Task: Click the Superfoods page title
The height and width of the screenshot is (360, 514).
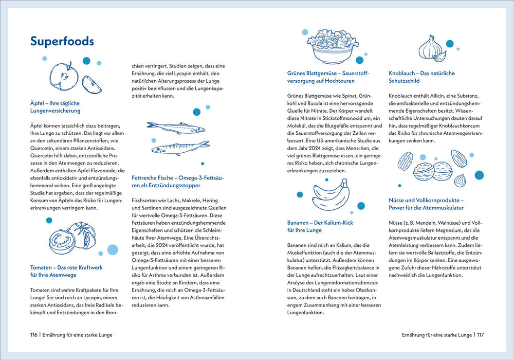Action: click(x=62, y=41)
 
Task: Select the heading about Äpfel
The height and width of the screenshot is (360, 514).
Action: click(x=55, y=106)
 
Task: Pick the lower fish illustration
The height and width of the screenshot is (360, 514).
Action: click(x=180, y=148)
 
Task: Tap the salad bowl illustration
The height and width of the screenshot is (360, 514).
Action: click(x=329, y=45)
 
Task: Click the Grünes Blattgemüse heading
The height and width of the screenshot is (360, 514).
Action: click(x=328, y=77)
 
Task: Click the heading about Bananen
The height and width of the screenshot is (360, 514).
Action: click(x=320, y=226)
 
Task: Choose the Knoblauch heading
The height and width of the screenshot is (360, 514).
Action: click(x=421, y=77)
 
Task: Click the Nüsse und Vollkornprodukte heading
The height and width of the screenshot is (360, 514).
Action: click(x=426, y=204)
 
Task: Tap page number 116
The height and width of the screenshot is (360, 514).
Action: click(x=34, y=335)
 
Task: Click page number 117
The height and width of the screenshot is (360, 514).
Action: click(x=480, y=335)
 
